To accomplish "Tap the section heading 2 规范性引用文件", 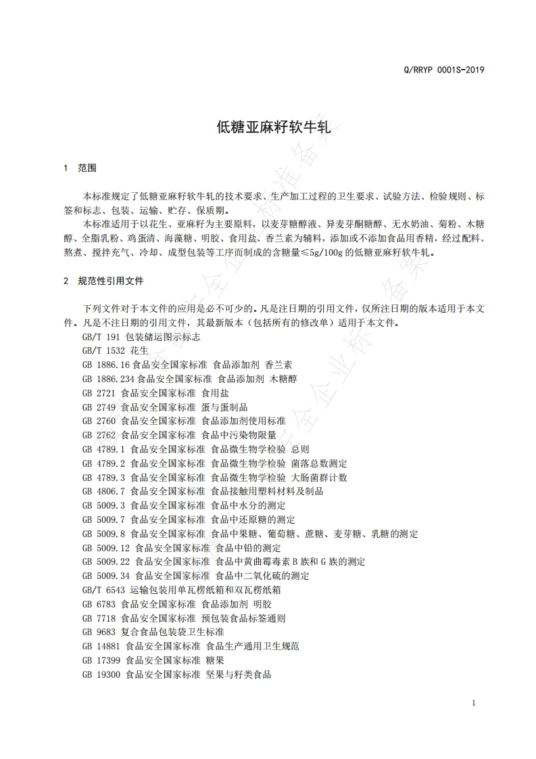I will click(x=103, y=280).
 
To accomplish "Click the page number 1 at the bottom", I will click(x=473, y=703).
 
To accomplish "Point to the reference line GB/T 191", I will click(x=141, y=336).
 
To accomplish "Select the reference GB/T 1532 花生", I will click(x=114, y=350).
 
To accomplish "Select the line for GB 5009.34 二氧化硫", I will click(x=195, y=576).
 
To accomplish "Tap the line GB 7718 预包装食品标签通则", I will click(x=183, y=618).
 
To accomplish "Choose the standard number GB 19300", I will click(x=101, y=674).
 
